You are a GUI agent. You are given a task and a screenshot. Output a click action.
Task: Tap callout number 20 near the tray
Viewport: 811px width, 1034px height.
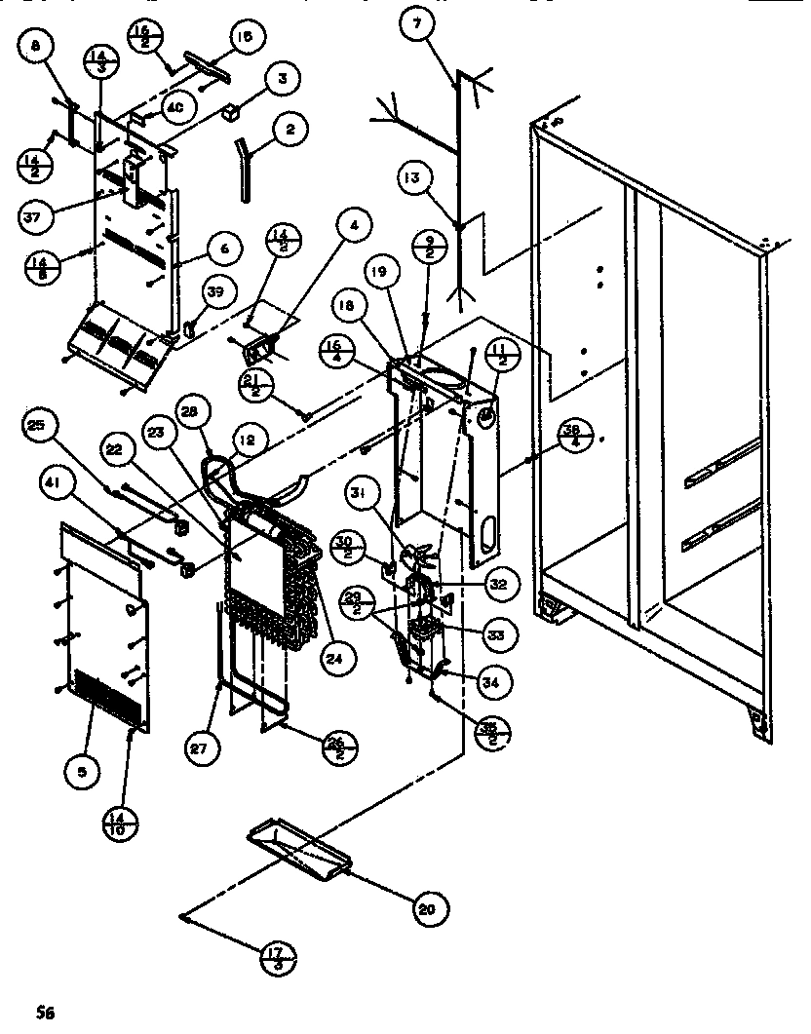[x=425, y=909]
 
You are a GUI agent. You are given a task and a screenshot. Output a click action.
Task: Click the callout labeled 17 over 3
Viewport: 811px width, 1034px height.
[x=280, y=958]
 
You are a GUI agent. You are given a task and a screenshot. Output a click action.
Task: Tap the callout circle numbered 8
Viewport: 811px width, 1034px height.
[x=36, y=45]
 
